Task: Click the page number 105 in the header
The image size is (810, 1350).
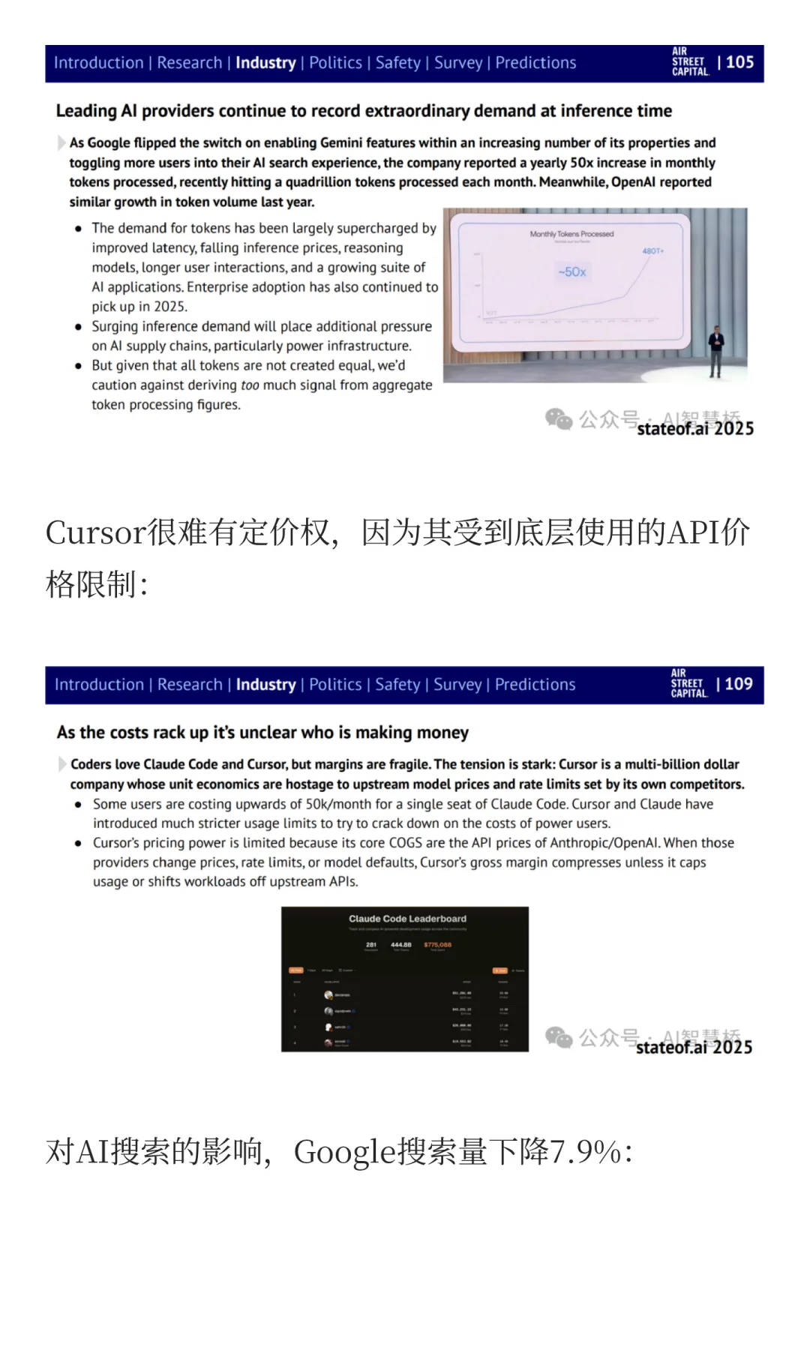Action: (739, 62)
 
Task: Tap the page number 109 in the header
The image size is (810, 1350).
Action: (738, 684)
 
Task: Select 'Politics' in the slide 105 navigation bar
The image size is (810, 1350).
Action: (335, 63)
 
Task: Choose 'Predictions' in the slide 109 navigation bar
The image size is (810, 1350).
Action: (535, 685)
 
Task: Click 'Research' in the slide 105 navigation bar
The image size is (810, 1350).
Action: (190, 63)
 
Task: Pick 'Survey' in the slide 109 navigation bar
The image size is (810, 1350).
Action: (457, 685)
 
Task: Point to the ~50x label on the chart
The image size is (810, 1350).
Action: (572, 271)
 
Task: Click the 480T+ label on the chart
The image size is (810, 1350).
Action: (652, 250)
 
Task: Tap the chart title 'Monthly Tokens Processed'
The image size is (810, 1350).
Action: (571, 234)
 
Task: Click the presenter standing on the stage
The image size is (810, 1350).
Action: (716, 350)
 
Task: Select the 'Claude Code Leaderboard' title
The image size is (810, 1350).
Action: (407, 919)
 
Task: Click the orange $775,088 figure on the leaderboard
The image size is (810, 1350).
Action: (437, 945)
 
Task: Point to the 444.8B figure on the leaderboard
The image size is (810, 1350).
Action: (400, 945)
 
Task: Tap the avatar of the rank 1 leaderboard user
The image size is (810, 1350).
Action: (328, 994)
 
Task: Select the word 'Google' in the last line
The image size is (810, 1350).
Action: (344, 1152)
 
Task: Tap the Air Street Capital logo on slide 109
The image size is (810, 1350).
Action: (688, 683)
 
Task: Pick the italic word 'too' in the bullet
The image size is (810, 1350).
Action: (250, 385)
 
